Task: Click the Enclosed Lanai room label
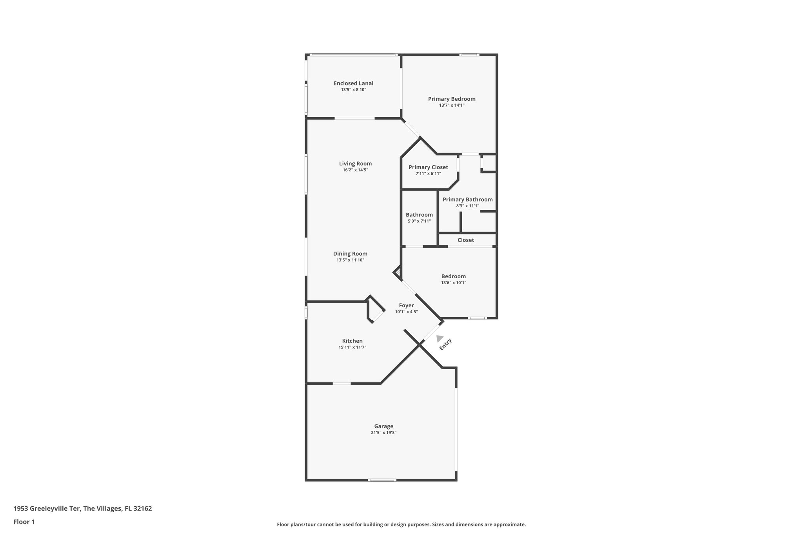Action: click(x=353, y=83)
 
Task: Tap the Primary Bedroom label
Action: click(x=452, y=99)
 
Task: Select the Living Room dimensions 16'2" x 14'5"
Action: click(x=355, y=170)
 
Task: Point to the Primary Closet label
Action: click(x=428, y=167)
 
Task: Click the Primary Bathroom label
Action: click(x=467, y=199)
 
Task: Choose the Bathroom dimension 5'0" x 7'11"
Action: click(x=419, y=221)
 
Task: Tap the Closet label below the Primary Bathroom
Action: click(x=466, y=240)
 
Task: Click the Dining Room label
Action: click(x=350, y=254)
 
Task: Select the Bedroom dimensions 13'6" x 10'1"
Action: click(x=453, y=283)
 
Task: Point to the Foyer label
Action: click(x=406, y=305)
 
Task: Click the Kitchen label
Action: click(x=352, y=341)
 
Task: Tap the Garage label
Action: click(x=383, y=426)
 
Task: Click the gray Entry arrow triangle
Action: click(x=440, y=338)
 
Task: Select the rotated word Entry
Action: click(x=446, y=344)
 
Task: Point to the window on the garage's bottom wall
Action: click(x=382, y=480)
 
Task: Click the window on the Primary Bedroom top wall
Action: click(x=469, y=55)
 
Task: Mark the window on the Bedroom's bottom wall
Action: click(x=477, y=318)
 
